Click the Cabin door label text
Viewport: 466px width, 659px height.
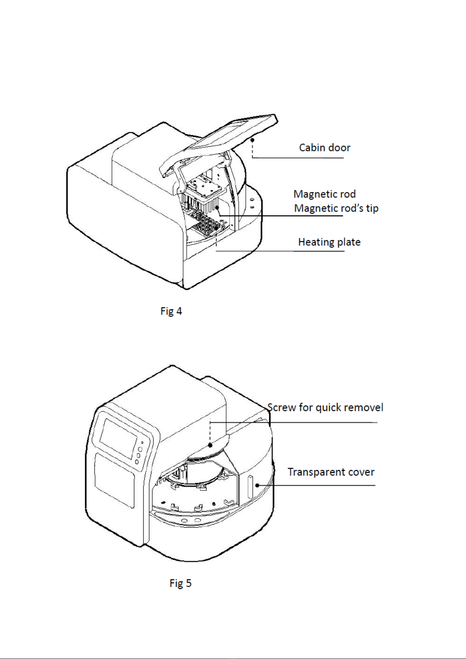(x=324, y=148)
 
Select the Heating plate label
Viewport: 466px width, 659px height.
(x=329, y=242)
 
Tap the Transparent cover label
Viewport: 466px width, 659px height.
(x=331, y=472)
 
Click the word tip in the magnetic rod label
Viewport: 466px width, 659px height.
(x=372, y=208)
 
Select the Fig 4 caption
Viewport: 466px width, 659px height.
(x=171, y=311)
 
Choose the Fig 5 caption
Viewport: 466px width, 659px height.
(x=180, y=584)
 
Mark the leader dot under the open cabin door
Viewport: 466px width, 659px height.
(x=253, y=139)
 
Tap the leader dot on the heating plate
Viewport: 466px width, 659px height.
(x=216, y=228)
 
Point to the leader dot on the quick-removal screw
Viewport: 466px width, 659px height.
(x=210, y=445)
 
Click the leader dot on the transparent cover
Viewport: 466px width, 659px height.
(x=257, y=485)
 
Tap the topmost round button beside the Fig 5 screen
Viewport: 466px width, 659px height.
(x=140, y=449)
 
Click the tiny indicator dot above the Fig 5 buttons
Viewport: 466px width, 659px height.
(x=142, y=443)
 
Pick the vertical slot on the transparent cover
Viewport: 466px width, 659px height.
(x=250, y=487)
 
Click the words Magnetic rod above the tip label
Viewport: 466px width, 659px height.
(x=324, y=194)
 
